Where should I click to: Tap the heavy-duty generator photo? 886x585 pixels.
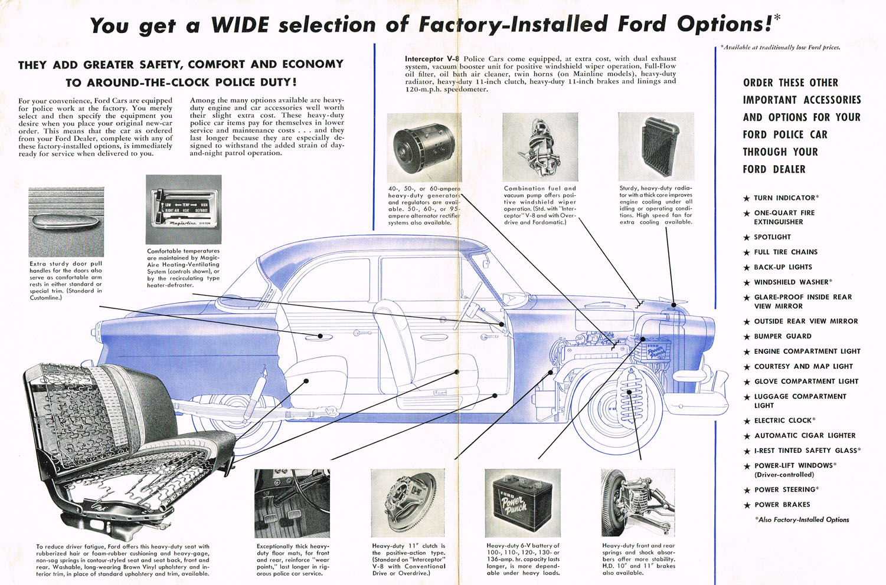424,147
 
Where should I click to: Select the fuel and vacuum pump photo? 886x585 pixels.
540,147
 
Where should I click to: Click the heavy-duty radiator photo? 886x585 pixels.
656,147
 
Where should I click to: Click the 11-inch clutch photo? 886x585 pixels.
408,502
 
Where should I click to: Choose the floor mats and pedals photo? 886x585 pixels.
292,502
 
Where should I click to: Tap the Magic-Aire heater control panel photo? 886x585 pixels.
184,209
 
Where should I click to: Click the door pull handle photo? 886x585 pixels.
66,222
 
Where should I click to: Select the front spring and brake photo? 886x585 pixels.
638,502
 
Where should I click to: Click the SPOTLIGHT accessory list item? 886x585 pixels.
772,237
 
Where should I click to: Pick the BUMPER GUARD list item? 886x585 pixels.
782,336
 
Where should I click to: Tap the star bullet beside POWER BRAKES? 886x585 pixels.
747,505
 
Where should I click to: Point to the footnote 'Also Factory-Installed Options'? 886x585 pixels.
802,520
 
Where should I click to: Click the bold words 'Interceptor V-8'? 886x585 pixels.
432,59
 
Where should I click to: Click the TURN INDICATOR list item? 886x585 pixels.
785,198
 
